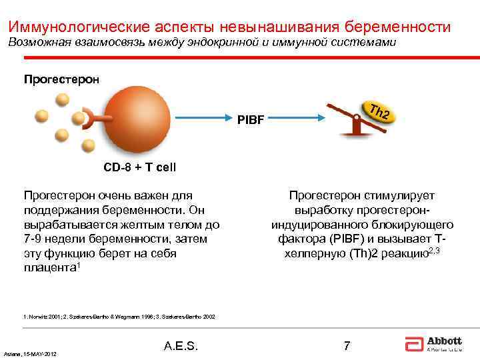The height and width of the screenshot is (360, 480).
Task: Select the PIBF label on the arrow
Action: pos(251,121)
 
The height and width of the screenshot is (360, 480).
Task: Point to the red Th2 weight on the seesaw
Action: pos(378,113)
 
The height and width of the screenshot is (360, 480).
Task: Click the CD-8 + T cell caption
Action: pos(139,167)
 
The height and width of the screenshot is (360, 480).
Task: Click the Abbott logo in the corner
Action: pos(433,344)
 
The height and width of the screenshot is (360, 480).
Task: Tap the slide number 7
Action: pos(346,345)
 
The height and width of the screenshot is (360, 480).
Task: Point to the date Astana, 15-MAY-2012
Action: pos(30,353)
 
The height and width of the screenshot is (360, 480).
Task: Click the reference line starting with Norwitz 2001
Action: pos(119,317)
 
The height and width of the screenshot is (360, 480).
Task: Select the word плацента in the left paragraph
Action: pos(47,268)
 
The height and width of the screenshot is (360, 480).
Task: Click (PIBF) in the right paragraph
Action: pos(345,239)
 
